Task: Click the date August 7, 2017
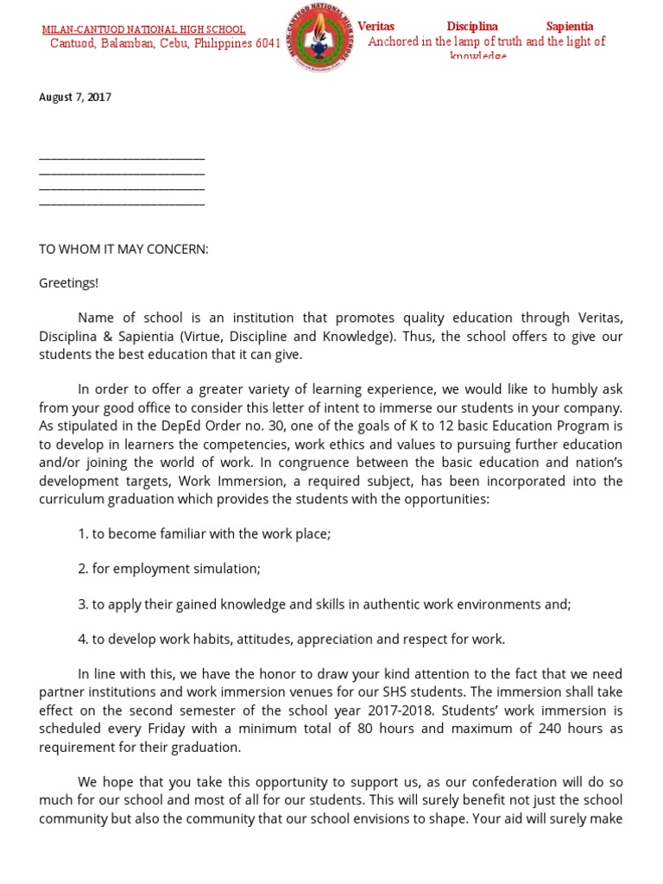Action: [x=75, y=98]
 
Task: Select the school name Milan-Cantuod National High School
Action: [x=144, y=29]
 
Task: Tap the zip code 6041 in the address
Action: [x=268, y=44]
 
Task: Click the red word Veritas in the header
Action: [x=376, y=27]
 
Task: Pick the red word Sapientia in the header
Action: [x=570, y=27]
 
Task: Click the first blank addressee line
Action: [x=122, y=158]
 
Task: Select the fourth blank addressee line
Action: [x=122, y=204]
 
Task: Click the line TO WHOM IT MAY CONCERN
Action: [x=124, y=249]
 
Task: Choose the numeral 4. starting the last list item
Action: [x=83, y=640]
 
